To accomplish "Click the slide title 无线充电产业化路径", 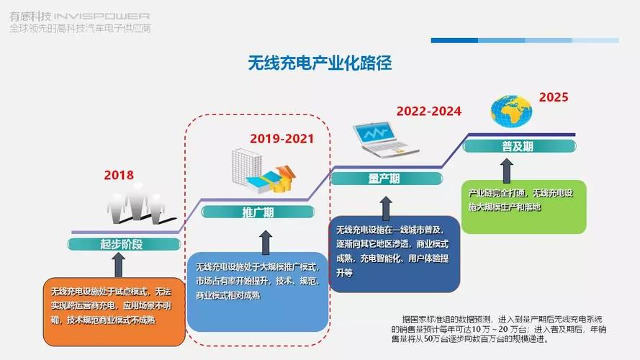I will (320, 63).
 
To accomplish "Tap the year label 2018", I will (119, 174).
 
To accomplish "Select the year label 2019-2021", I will (282, 138).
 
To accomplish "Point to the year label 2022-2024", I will (428, 112).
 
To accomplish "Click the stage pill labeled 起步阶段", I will (122, 243).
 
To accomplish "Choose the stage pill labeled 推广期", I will (257, 212).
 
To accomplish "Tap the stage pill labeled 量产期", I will (384, 179).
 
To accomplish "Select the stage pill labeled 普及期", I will (518, 146).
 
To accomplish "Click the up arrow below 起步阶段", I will (120, 264).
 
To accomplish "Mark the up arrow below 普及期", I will (507, 170).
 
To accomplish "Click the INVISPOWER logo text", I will (102, 15).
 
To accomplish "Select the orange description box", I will (114, 310).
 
